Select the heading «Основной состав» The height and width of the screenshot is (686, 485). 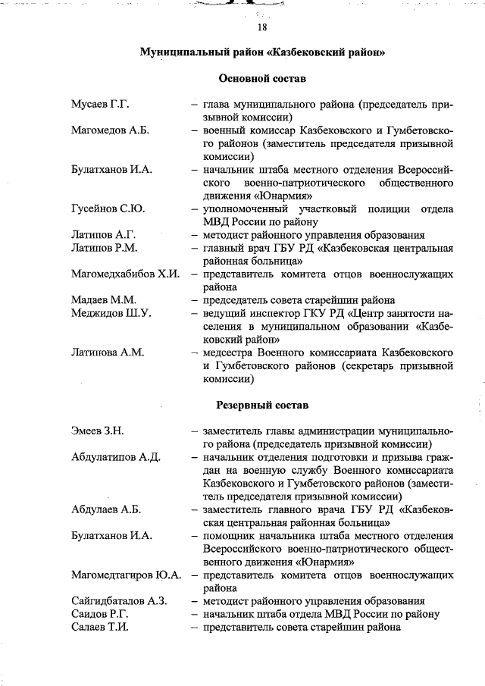click(262, 78)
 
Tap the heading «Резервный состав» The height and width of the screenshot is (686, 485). click(262, 406)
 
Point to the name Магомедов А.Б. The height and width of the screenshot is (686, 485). click(110, 130)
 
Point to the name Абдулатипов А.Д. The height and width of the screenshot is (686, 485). click(116, 457)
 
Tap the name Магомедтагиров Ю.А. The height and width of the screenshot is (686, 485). click(126, 575)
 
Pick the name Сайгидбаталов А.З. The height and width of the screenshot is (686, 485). click(118, 601)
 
